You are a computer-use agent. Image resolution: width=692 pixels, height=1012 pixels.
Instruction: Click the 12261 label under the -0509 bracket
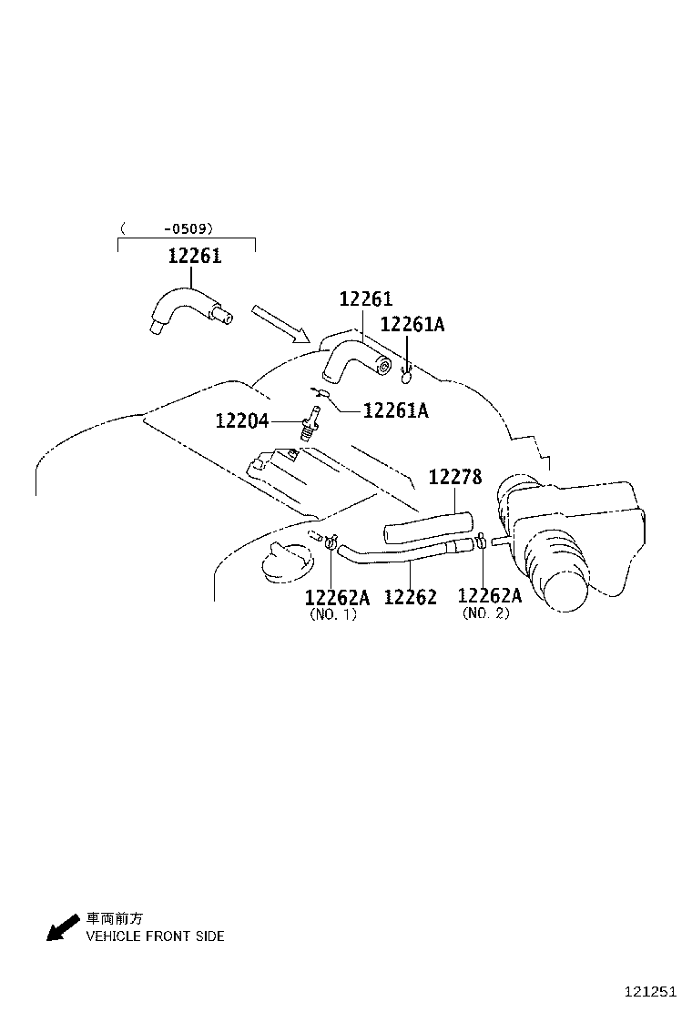[194, 257]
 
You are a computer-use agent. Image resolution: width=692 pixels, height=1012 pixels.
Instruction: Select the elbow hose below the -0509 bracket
[187, 309]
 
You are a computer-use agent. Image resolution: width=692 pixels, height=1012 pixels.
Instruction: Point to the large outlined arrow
[281, 323]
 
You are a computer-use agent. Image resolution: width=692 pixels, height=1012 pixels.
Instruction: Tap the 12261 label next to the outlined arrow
[365, 299]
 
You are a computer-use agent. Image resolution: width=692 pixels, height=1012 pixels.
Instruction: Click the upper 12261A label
[412, 325]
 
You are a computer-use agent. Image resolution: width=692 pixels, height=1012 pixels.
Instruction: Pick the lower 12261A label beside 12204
[395, 410]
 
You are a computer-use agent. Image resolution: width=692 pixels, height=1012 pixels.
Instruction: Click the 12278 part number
[455, 477]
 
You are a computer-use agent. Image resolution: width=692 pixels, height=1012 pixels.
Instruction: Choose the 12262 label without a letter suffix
[410, 597]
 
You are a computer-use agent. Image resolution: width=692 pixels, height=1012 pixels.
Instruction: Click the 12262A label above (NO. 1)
[337, 597]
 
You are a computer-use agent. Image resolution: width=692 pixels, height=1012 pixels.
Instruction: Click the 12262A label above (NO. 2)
[490, 595]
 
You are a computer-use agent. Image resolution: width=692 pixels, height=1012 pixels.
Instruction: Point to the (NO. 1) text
[333, 614]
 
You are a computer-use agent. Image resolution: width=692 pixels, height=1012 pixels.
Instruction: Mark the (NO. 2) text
[486, 613]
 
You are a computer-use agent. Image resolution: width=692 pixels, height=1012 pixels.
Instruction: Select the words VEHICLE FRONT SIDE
[155, 936]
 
